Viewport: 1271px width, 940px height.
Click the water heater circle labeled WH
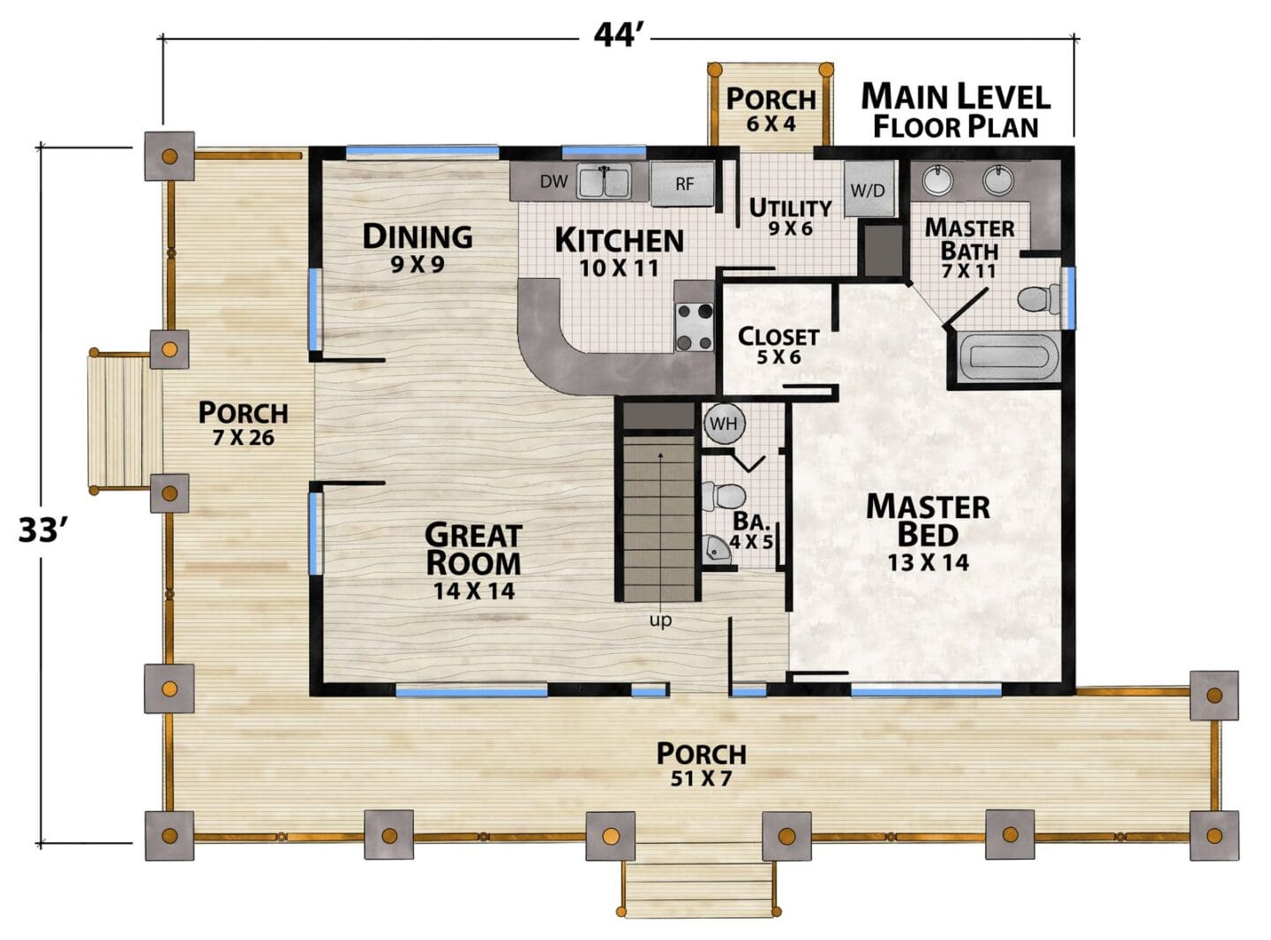tap(725, 425)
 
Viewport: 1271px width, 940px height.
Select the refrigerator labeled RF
tap(684, 184)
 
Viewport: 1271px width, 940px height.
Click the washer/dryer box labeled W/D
tap(869, 189)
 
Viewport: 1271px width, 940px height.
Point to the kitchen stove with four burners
tap(695, 327)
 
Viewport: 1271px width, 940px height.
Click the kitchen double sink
tap(604, 181)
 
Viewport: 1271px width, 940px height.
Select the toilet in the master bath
tap(1039, 299)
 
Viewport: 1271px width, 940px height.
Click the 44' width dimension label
tap(614, 35)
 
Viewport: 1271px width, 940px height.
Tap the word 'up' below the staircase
tap(660, 620)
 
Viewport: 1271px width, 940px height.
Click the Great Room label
tap(473, 548)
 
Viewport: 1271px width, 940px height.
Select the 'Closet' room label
tap(778, 336)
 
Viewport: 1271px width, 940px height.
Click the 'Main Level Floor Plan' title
tap(955, 110)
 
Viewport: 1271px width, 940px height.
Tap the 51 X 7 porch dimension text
tap(702, 779)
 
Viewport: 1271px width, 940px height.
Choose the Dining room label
tap(417, 237)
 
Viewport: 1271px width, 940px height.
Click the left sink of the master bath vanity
tap(938, 179)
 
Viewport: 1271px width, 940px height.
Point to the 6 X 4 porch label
tap(771, 124)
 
